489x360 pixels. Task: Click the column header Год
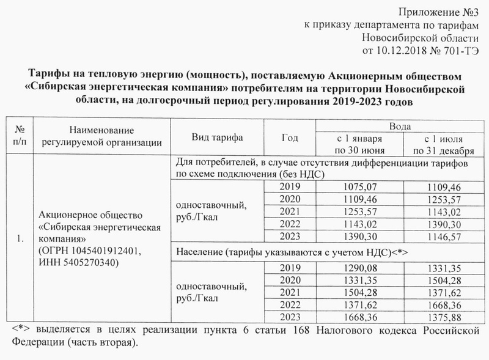(290, 137)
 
